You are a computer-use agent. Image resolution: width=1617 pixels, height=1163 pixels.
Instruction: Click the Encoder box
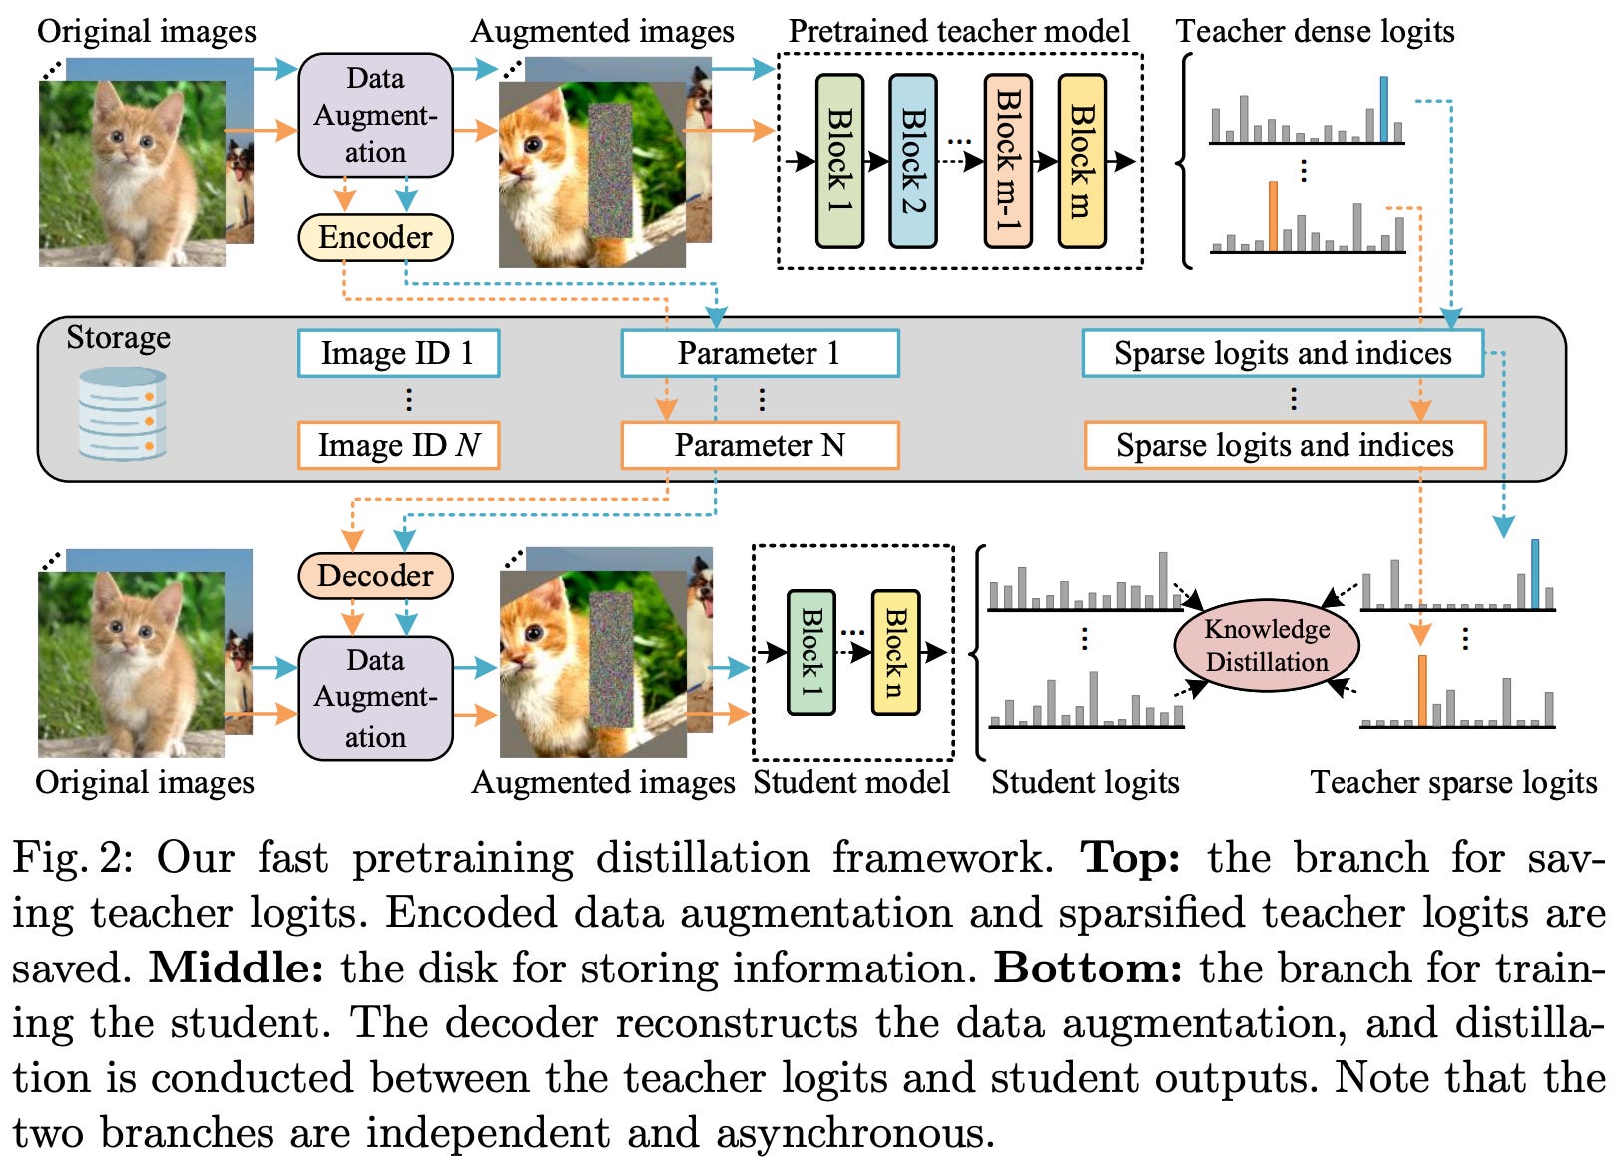coord(375,238)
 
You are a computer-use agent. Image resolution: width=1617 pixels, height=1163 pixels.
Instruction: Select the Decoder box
coord(375,576)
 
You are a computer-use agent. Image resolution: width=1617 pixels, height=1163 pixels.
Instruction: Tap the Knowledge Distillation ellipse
coord(1267,645)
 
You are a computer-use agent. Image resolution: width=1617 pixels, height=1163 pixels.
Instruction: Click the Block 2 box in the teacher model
coord(913,161)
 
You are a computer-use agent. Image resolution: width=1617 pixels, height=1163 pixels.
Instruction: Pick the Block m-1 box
coord(1008,161)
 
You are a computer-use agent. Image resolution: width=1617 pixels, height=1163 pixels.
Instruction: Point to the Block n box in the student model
coord(896,653)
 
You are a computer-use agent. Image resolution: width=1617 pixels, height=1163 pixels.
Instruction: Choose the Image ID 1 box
coord(398,353)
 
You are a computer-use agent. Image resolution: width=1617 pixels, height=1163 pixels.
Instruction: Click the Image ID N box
coord(398,445)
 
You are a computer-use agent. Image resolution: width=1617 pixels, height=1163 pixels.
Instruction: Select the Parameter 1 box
coord(761,353)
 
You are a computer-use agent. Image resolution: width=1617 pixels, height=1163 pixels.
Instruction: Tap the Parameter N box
coord(761,445)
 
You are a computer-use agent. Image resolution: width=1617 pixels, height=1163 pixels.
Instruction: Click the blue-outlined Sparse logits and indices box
coord(1283,353)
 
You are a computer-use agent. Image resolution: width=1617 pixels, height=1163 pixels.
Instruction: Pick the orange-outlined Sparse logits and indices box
coord(1285,445)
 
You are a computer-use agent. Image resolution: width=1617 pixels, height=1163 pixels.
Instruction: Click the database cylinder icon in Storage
coord(122,413)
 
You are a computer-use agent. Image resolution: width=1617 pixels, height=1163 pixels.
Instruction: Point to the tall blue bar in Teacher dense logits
coord(1383,109)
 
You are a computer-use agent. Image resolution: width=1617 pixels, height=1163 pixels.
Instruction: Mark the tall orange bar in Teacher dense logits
coord(1273,215)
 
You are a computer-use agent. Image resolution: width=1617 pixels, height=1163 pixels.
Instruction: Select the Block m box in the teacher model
coord(1082,161)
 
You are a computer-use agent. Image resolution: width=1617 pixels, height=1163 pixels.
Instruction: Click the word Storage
coord(119,338)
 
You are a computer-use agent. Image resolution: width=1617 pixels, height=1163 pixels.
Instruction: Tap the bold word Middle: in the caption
coord(236,968)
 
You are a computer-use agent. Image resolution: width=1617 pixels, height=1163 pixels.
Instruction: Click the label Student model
coord(851,782)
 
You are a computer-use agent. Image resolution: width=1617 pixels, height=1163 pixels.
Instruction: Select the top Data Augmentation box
coord(375,115)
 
